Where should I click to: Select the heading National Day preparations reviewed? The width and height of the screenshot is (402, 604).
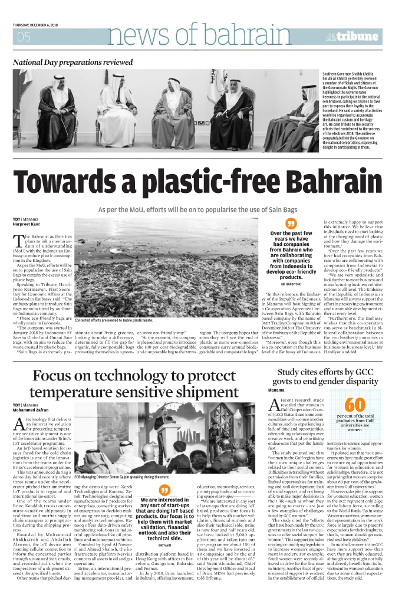coord(73,62)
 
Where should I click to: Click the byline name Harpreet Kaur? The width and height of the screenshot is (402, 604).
coord(26,224)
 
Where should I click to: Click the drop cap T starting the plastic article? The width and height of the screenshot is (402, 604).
coord(18,239)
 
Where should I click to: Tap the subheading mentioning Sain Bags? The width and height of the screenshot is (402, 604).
coord(200,209)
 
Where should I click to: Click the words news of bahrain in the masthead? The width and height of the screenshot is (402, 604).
coord(195,37)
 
